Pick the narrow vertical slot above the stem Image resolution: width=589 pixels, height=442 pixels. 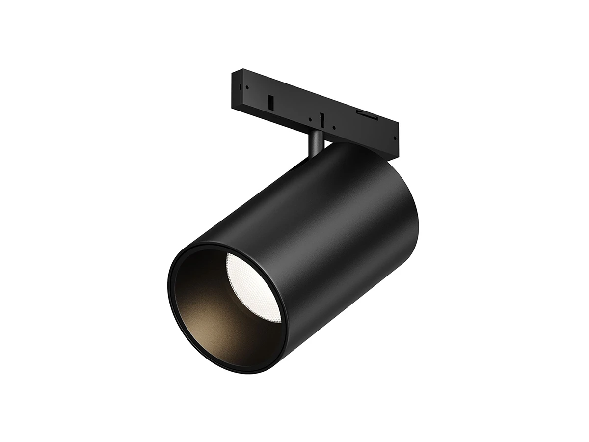tap(322, 119)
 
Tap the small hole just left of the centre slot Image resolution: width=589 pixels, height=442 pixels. tap(310, 119)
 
